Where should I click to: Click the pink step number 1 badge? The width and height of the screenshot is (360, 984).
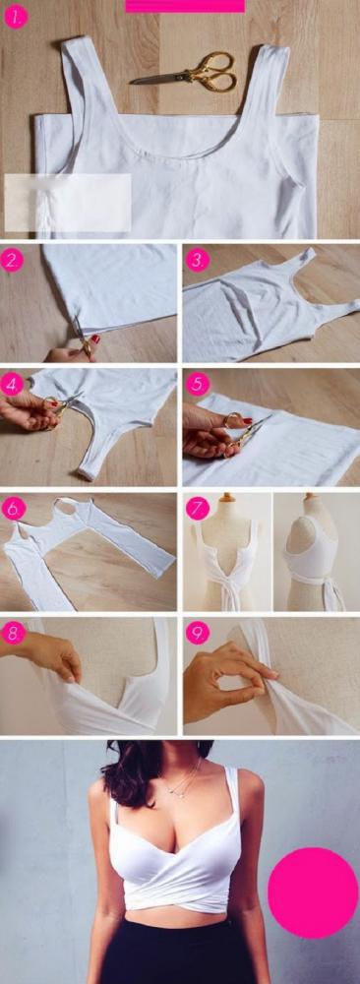pos(17,17)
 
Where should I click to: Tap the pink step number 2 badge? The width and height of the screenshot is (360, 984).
pos(13,261)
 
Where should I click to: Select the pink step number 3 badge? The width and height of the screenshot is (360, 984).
pos(198,260)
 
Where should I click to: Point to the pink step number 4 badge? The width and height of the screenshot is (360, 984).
pos(13,384)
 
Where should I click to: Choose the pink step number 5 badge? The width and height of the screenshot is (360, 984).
pos(198,384)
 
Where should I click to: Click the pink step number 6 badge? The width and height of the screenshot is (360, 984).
pos(13,508)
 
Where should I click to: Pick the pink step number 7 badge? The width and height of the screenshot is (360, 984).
pos(198,508)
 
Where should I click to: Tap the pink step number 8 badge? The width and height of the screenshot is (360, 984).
pos(13,633)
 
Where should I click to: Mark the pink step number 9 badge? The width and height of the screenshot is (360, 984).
pos(198,633)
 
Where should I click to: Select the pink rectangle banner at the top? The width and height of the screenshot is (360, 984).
pos(185,6)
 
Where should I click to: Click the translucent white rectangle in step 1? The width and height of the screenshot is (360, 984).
pos(68,203)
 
